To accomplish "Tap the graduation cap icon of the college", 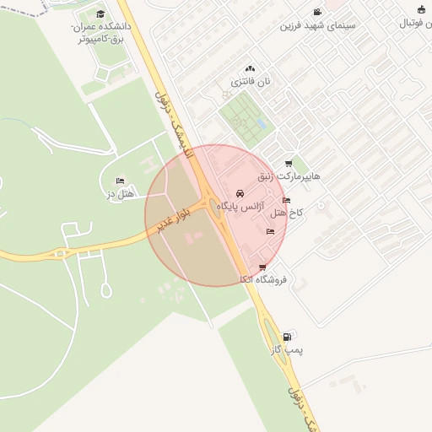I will coord(101,13).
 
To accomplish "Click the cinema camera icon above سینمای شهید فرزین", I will coord(316,13).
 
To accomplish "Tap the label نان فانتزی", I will coord(251,82).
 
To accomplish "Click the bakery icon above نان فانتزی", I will coord(250,68).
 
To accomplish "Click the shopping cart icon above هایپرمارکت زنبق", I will coord(289,165).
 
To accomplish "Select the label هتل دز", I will coord(121,194).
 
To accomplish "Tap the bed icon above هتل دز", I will coord(120,181).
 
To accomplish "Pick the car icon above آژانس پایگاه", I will coord(241,193).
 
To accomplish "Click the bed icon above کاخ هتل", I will coord(287,201).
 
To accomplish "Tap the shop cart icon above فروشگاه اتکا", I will coord(262,267).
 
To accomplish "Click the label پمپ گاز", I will coord(288,348).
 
